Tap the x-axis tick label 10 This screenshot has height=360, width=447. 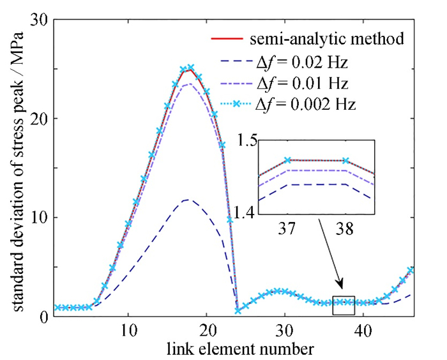[x=128, y=333]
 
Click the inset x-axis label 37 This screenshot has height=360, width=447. [x=287, y=228]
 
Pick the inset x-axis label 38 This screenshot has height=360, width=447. [x=345, y=228]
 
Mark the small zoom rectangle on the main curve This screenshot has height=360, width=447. [x=344, y=304]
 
